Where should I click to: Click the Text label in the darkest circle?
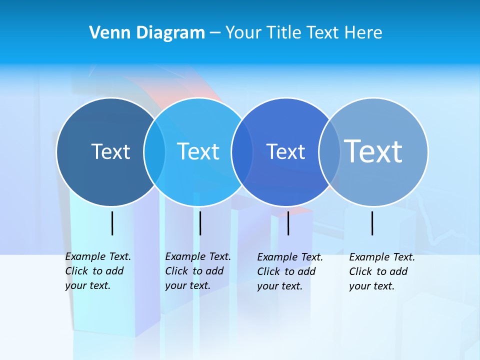[110, 151]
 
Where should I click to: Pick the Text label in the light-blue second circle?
[198, 151]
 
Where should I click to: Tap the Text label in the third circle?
[285, 151]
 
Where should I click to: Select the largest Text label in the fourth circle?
[373, 151]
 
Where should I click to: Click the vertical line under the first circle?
[112, 223]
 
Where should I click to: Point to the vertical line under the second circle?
[200, 223]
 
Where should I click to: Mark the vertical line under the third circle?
[288, 223]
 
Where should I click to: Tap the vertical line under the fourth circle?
[372, 223]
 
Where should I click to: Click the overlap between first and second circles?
[154, 152]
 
